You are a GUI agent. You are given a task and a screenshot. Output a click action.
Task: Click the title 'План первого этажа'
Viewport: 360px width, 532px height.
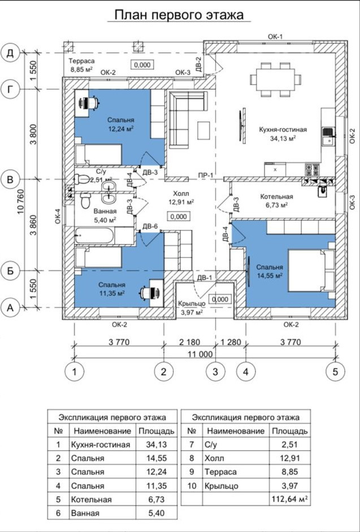[x=179, y=15]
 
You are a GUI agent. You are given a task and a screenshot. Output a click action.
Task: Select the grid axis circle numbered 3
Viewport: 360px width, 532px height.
[x=215, y=372]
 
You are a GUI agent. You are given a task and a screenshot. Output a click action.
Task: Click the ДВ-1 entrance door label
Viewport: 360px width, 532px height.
[x=205, y=277]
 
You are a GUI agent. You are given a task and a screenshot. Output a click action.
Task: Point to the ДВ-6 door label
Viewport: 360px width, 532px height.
[x=150, y=227]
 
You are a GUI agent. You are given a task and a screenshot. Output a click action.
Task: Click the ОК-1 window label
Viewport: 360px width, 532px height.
[x=275, y=37]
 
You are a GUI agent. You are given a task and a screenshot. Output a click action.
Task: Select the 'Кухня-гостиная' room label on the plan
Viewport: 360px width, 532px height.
[x=283, y=129]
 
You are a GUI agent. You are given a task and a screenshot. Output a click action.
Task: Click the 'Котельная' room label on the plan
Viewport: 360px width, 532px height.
[x=276, y=197]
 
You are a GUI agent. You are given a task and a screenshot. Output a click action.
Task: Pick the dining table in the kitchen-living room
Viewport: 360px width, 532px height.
[x=275, y=80]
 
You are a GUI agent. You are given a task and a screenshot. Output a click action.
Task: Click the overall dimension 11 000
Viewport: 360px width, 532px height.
[x=201, y=354]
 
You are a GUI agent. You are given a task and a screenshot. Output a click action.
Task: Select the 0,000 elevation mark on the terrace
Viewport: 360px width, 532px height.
[x=142, y=64]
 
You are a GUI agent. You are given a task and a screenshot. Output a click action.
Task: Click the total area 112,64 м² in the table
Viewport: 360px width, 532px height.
[x=290, y=499]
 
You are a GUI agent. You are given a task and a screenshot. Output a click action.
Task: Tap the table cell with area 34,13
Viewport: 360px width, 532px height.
[x=157, y=444]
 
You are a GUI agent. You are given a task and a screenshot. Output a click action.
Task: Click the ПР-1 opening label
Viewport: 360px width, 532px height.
[x=206, y=176]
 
